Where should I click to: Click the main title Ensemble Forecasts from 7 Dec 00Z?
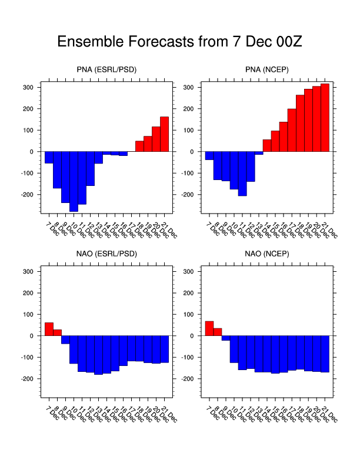[179, 42]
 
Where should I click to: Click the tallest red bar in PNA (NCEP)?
[325, 118]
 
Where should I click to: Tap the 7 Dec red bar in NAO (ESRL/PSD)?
[49, 329]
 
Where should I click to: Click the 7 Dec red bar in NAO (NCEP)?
[209, 329]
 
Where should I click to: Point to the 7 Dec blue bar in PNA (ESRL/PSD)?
[49, 157]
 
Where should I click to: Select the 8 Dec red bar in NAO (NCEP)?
[218, 332]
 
